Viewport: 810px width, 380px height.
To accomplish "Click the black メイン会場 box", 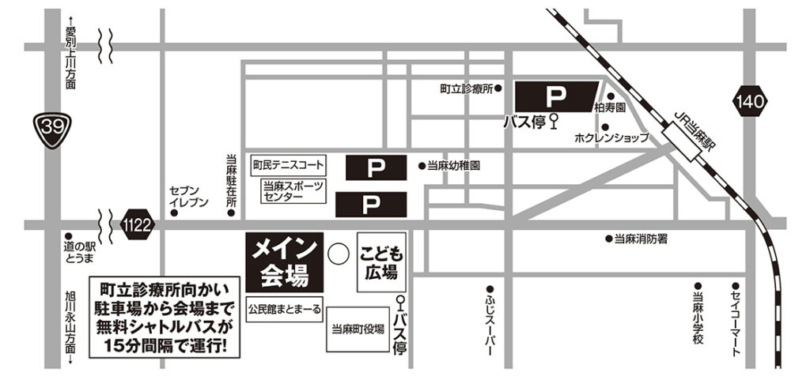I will pyautogui.click(x=285, y=261).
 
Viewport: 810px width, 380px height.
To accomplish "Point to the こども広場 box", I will pyautogui.click(x=383, y=261).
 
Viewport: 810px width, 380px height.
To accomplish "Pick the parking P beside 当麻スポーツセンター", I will pyautogui.click(x=369, y=204).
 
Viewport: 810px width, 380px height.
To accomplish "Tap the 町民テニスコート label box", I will pyautogui.click(x=288, y=166).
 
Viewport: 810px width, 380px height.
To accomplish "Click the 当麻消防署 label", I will pyautogui.click(x=641, y=238).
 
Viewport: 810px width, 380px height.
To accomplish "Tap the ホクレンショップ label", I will pyautogui.click(x=611, y=137).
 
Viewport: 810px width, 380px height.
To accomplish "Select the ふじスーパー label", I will pyautogui.click(x=490, y=324).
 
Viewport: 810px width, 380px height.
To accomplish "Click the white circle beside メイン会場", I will pyautogui.click(x=339, y=254).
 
